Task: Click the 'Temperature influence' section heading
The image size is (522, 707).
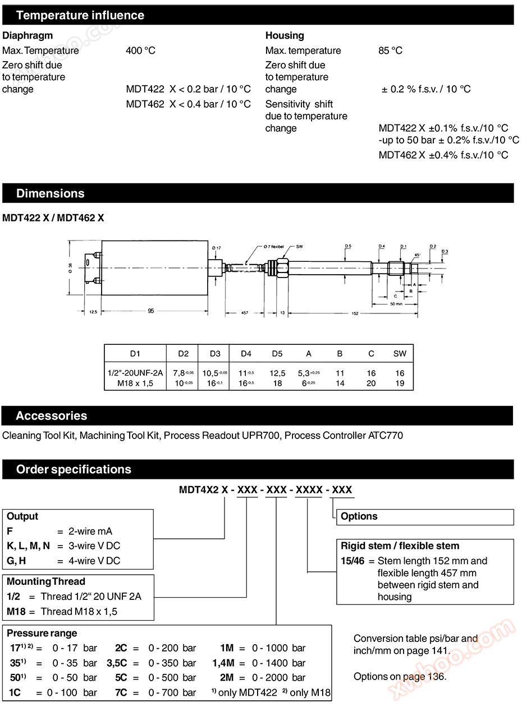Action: [80, 15]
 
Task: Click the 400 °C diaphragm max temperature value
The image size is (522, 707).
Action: [140, 50]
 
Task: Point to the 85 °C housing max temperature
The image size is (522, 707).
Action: [390, 50]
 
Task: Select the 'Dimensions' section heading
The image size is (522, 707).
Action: [51, 193]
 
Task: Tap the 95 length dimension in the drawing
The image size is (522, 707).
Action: [150, 312]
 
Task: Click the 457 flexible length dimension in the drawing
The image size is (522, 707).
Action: [245, 312]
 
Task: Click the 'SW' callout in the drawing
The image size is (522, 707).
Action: [300, 247]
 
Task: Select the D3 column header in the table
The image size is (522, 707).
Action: [214, 354]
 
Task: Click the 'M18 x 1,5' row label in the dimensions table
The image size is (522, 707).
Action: [135, 383]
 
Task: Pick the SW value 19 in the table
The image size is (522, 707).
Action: [399, 383]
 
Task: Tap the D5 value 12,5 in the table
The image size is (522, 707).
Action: [277, 373]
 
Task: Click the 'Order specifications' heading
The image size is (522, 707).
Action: [74, 469]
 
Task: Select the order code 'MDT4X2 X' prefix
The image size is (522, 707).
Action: [203, 489]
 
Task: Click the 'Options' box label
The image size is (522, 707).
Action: [359, 516]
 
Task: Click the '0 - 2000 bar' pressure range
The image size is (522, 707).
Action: [278, 678]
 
